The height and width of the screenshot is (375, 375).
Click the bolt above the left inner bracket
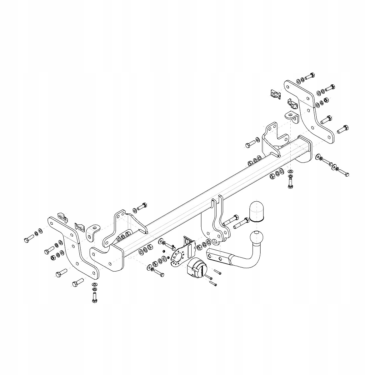pyautogui.click(x=142, y=207)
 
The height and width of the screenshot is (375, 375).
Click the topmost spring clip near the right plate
pyautogui.click(x=275, y=94)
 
